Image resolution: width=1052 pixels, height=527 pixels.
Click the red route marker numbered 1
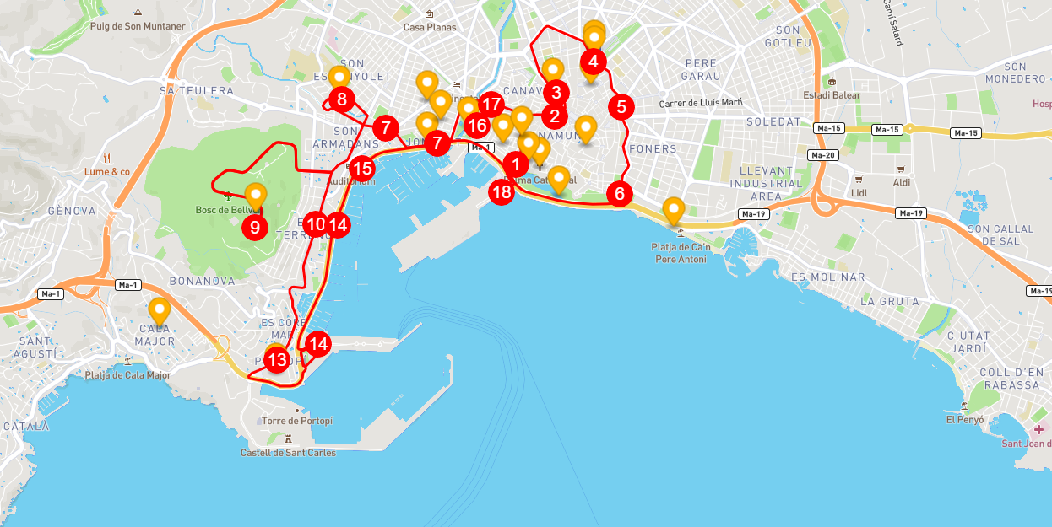[x=515, y=164]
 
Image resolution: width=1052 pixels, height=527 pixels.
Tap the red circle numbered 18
[x=502, y=192]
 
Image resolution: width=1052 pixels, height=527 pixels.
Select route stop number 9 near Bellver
[x=254, y=227]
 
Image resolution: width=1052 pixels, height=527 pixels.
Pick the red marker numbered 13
[x=277, y=360]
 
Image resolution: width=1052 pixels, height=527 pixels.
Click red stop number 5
[x=621, y=107]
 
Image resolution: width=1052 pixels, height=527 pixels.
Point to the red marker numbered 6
[x=620, y=193]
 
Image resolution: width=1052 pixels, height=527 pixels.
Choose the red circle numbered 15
[x=362, y=167]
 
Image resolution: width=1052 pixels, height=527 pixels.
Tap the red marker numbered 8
[x=342, y=99]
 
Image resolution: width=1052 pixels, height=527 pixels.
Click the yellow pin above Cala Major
[x=159, y=311]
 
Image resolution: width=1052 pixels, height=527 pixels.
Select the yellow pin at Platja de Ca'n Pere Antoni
[x=673, y=209]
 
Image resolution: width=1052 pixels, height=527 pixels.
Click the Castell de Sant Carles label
[x=288, y=453]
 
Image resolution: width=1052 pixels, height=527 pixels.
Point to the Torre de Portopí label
[x=297, y=421]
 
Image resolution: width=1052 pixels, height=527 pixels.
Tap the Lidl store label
[x=859, y=193]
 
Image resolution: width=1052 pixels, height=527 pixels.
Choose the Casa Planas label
[x=430, y=27]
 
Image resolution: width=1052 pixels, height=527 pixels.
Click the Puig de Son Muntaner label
[x=137, y=26]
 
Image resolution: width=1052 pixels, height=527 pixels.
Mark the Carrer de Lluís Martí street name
[x=700, y=103]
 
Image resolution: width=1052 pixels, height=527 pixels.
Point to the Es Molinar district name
[x=827, y=277]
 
